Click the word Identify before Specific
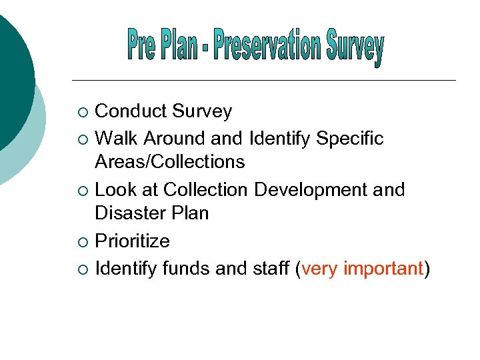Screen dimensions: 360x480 (x=279, y=139)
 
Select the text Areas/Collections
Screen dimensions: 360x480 (x=170, y=162)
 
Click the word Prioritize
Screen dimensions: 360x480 (x=133, y=241)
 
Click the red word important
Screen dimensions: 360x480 (x=383, y=269)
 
